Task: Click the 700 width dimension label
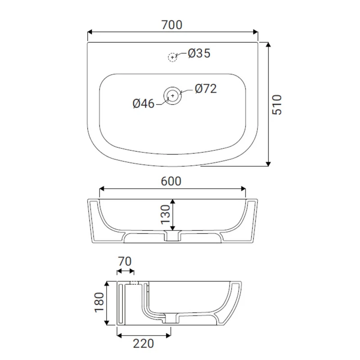coord(172,25)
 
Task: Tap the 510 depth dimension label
coord(277,104)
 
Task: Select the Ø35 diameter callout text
coord(199,53)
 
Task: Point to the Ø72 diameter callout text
coord(206,89)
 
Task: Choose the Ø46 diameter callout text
coord(144,103)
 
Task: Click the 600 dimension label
coord(171,181)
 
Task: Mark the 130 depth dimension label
coord(165,215)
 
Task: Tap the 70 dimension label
coord(125,261)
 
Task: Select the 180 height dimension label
coord(99,302)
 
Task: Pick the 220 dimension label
coord(143,344)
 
